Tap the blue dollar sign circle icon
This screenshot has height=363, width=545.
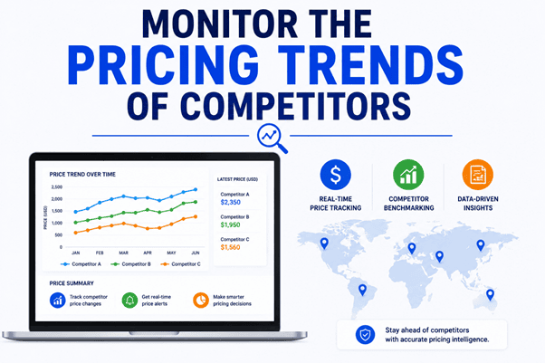(335, 175)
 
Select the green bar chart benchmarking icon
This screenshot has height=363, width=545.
(408, 175)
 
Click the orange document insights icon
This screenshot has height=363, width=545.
(478, 175)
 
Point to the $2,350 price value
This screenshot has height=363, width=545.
(231, 203)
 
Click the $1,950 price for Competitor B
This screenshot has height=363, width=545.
(231, 225)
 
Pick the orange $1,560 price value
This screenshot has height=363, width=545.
(231, 247)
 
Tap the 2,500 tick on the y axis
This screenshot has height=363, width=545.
(57, 187)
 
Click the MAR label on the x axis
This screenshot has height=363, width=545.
(124, 253)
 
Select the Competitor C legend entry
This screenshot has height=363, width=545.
(181, 264)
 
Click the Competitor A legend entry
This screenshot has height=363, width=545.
(81, 264)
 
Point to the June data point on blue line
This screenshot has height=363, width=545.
(196, 189)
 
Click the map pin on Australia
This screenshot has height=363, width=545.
(490, 294)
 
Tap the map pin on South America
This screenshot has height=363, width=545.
(362, 290)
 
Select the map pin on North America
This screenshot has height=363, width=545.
(324, 243)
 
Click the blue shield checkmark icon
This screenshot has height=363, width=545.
(365, 335)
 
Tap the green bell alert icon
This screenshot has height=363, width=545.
(129, 300)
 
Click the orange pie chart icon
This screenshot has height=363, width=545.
(201, 300)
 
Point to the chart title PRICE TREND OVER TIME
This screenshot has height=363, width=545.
(82, 175)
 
